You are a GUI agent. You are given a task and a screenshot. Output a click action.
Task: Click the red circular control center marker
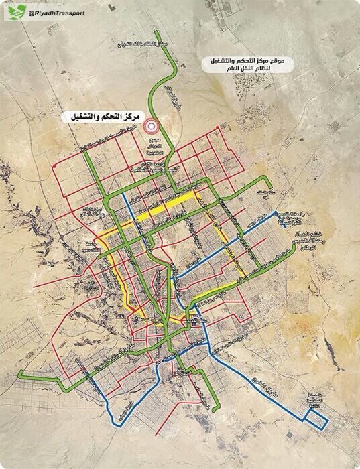click(x=152, y=124)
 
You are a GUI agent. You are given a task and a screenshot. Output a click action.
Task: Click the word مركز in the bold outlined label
click(x=120, y=116)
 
